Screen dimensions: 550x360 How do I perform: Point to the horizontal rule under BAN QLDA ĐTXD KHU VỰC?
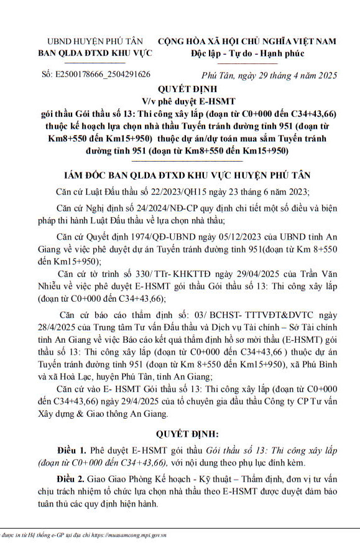tap(95, 63)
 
